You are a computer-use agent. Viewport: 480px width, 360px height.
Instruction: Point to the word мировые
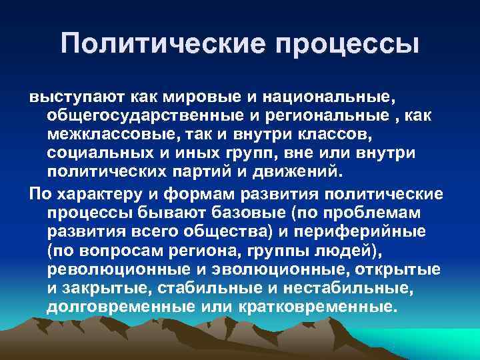201,97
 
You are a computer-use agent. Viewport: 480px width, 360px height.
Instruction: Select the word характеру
98,193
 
